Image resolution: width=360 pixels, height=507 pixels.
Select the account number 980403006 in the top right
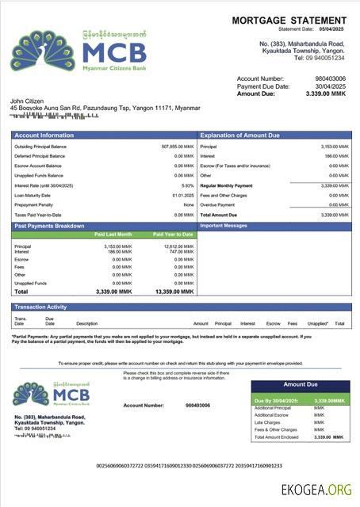(330, 78)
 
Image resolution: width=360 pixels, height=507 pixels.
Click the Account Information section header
(44, 135)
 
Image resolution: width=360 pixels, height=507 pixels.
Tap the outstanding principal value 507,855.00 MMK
(177, 147)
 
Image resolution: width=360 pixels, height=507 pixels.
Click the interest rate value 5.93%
(187, 185)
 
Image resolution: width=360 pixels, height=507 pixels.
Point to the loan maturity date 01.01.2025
(183, 195)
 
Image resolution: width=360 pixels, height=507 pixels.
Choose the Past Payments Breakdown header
(49, 226)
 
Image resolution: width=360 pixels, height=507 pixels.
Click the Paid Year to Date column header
(174, 234)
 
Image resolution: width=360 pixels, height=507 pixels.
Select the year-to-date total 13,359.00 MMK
(177, 292)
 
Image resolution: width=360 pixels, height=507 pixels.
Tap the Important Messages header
(224, 226)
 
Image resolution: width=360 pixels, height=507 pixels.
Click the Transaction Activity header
(40, 307)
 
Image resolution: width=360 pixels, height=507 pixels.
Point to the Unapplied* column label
(318, 323)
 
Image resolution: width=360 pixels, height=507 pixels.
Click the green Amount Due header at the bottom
(300, 384)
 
